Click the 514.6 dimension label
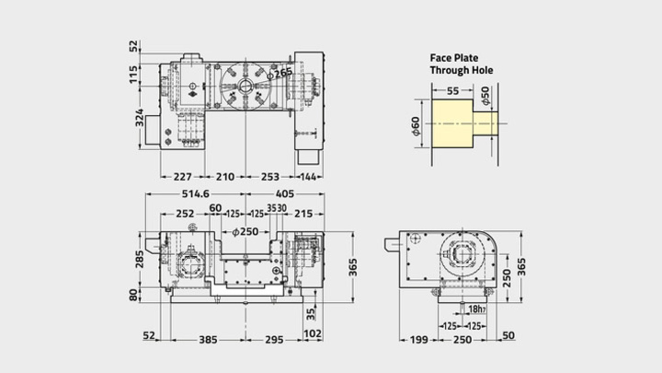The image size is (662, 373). pos(195,194)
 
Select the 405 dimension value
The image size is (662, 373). pos(285,194)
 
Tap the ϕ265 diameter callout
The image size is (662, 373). pos(279,73)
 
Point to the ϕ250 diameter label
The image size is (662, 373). pos(245,232)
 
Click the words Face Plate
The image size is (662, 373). pos(454,58)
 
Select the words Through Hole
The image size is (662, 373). pos(461,70)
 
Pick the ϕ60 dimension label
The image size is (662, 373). pos(415,126)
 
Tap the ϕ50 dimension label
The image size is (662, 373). pos(485,96)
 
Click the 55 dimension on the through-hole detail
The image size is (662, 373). pos(453,91)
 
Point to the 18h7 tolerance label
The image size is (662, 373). pos(477,309)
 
